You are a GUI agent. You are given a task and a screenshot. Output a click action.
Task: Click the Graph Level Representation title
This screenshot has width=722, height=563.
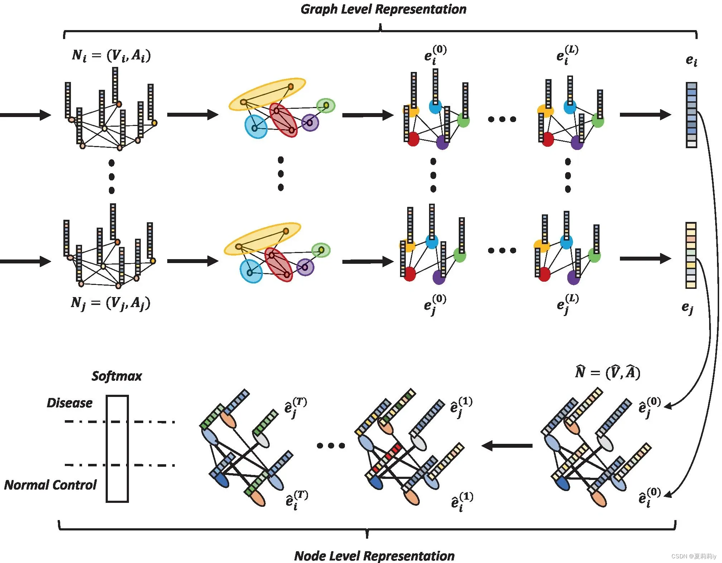tap(383, 9)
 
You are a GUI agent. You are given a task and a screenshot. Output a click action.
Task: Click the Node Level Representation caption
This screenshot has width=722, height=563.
tap(374, 556)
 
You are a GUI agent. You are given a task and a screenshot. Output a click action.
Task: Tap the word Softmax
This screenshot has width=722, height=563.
tap(117, 376)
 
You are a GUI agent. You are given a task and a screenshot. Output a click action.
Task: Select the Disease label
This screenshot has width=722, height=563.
tap(69, 403)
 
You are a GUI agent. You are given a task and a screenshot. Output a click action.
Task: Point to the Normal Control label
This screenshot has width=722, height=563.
tap(50, 485)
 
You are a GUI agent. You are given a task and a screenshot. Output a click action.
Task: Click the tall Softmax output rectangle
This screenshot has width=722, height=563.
tap(117, 448)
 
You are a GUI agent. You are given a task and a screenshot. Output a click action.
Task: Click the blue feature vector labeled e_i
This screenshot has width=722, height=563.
tap(691, 115)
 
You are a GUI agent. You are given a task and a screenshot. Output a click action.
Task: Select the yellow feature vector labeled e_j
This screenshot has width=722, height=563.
tap(691, 255)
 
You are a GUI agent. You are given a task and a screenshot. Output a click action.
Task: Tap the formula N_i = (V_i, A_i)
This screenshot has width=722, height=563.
tap(111, 55)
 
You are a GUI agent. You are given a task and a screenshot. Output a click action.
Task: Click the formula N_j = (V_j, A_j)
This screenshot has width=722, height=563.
tap(111, 304)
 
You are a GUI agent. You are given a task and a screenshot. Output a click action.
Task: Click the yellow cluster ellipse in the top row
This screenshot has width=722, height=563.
tap(267, 94)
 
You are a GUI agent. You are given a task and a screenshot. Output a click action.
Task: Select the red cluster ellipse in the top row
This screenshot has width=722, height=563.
tap(283, 120)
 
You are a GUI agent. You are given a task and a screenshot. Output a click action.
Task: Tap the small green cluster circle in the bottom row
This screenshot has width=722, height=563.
tap(321, 250)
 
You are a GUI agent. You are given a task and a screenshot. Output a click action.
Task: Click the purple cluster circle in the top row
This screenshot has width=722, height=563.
tap(310, 123)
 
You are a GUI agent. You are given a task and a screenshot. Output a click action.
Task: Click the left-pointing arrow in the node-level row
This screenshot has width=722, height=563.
tap(507, 446)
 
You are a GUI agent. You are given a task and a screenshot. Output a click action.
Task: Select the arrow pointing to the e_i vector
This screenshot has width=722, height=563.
tap(645, 115)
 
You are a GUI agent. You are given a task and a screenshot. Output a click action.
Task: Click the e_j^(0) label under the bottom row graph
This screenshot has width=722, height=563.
tap(435, 304)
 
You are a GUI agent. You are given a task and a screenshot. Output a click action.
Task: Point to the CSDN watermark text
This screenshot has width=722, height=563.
tap(693, 556)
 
